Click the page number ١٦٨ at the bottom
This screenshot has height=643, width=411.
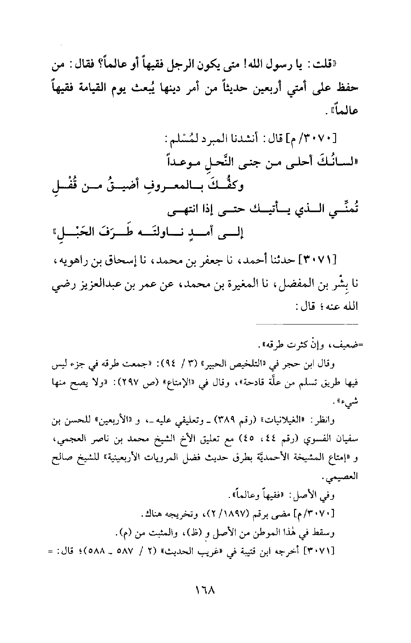[206, 590]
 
